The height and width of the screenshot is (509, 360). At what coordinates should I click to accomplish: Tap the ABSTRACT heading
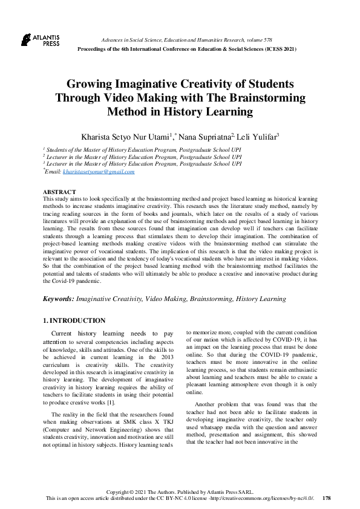(x=59, y=191)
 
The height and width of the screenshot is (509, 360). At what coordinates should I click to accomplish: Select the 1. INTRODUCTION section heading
(x=74, y=320)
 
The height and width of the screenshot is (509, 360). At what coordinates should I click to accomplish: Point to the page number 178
(x=327, y=498)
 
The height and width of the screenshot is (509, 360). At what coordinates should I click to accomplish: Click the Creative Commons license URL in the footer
(x=261, y=498)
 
